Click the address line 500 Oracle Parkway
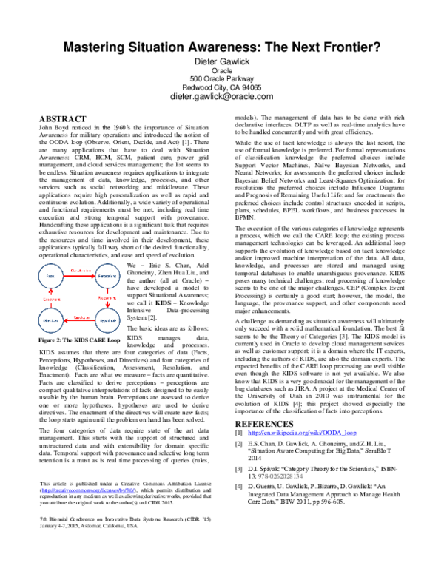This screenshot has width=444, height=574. [222, 78]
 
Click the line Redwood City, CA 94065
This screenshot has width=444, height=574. [222, 87]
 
